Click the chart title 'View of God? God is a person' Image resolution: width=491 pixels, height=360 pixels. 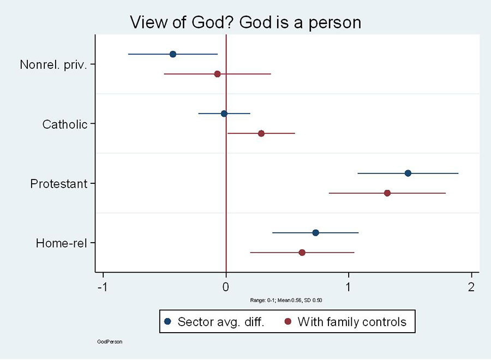(245, 22)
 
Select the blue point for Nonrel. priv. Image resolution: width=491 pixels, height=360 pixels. (173, 54)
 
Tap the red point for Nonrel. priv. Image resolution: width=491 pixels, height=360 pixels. (217, 74)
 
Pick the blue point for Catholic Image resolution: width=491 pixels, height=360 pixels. (224, 113)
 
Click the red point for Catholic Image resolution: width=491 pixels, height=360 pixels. (261, 134)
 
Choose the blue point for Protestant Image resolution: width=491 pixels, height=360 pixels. (408, 173)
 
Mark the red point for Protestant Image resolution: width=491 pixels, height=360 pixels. (387, 193)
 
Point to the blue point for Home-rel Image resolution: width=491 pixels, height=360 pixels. (315, 233)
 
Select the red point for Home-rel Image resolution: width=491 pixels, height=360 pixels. (302, 253)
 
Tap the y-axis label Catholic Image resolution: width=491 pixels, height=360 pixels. (65, 124)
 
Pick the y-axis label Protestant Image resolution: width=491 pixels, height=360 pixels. (59, 184)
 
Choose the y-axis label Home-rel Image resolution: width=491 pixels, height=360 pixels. (62, 243)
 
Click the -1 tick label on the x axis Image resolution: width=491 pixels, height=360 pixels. (102, 287)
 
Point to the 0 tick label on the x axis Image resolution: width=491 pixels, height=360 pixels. (226, 287)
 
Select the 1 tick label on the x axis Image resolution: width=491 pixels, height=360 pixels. (348, 287)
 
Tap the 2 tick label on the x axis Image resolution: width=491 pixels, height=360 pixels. (470, 287)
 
